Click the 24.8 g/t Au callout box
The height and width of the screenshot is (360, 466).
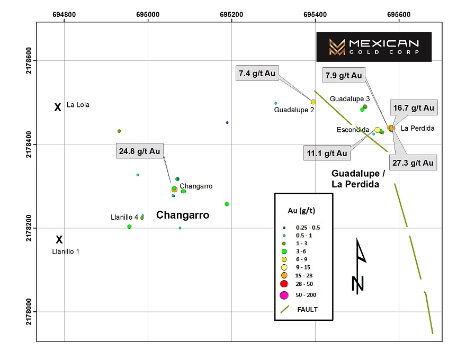[139, 151]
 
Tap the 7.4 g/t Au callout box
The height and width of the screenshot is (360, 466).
[257, 73]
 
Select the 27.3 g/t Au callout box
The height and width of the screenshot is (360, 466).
[413, 163]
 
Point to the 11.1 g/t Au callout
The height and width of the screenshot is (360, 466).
[327, 154]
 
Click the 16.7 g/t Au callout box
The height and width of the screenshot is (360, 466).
[414, 107]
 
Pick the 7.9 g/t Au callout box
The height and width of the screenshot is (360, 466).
[344, 75]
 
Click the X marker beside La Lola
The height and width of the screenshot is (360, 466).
[58, 107]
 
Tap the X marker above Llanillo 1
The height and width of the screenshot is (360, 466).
[59, 239]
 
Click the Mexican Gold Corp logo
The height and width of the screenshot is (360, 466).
[374, 47]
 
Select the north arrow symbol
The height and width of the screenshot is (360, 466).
[359, 266]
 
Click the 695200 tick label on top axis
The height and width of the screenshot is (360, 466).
[231, 14]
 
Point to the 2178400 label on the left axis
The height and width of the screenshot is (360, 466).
[29, 145]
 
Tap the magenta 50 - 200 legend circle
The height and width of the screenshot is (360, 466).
[284, 295]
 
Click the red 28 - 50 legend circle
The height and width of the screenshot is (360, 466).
[284, 284]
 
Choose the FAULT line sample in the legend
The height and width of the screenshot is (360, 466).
[285, 309]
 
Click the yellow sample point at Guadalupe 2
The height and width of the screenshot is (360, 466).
[313, 102]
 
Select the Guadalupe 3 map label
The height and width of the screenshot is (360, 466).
[350, 98]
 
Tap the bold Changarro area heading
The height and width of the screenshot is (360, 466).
[183, 215]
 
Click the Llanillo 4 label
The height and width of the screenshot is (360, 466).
[124, 217]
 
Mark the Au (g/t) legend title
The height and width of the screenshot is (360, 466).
[301, 211]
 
